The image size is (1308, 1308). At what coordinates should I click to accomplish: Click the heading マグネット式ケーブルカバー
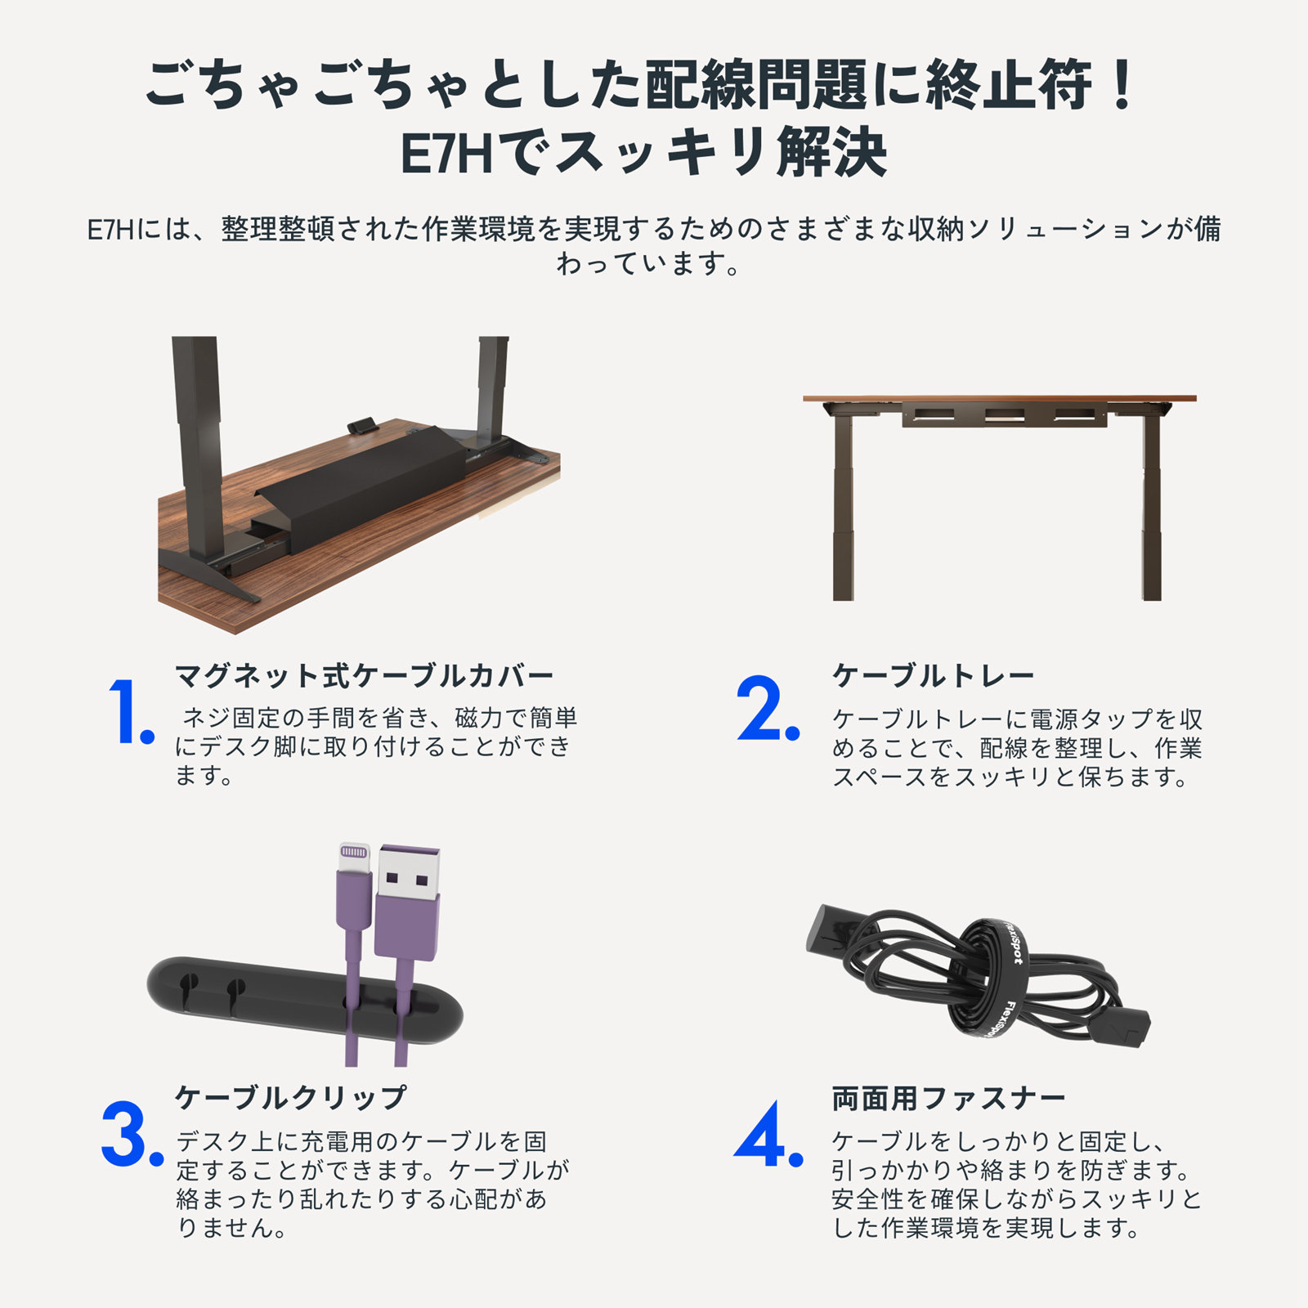365,676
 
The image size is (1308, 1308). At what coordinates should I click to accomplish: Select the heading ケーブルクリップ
291,1097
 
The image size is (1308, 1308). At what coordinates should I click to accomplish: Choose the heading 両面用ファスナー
948,1098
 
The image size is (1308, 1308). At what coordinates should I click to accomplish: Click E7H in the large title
446,153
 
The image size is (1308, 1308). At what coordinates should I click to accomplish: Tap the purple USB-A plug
408,899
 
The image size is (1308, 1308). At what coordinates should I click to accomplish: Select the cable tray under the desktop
1005,414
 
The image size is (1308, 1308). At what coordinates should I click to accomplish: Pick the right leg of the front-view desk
1151,507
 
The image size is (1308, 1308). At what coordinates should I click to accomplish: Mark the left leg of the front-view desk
843,507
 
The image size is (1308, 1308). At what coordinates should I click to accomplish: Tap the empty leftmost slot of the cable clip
188,985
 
